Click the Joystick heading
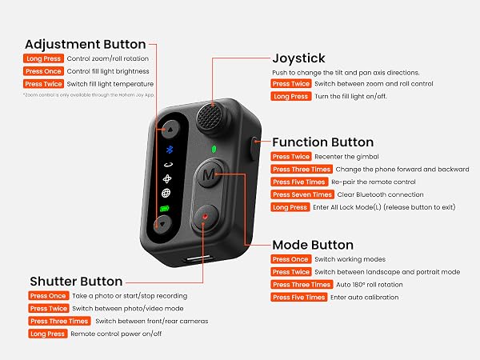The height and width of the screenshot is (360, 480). [298, 58]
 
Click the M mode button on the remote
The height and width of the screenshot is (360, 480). [209, 174]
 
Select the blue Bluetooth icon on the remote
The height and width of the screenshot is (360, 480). [170, 150]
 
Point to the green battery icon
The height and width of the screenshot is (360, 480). [165, 209]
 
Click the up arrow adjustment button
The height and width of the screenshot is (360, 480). [170, 130]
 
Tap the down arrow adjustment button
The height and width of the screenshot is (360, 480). [162, 224]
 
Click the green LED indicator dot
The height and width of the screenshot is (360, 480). [214, 150]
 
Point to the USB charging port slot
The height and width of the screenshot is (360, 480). [199, 259]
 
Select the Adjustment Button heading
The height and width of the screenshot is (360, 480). [85, 44]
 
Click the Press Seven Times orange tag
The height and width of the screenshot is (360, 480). [302, 194]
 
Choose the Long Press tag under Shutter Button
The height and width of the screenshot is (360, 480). [47, 334]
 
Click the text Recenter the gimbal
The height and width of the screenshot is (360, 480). [346, 157]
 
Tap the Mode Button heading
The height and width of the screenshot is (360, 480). [313, 245]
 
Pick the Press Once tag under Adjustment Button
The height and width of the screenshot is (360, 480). [43, 71]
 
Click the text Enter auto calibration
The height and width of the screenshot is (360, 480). [364, 298]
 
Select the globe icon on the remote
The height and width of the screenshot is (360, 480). [166, 193]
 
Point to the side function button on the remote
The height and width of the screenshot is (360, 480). [254, 148]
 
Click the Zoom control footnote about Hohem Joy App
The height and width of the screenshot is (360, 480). [89, 95]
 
